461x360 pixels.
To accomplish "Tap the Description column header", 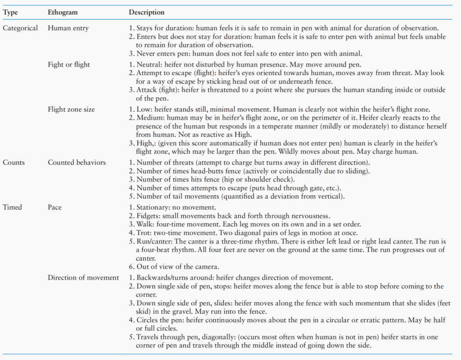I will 147,12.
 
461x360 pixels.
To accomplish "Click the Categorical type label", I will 20,28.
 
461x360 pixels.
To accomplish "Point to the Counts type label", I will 14,162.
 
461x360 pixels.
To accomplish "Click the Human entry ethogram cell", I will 68,28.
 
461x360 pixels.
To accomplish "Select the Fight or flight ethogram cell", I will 69,64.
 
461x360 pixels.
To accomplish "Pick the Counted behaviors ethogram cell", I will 77,162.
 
